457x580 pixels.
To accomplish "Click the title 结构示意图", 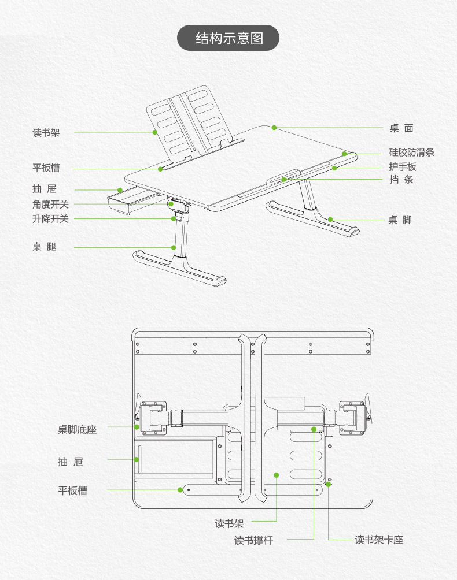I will (x=228, y=39).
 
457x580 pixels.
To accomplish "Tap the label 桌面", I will (x=401, y=128).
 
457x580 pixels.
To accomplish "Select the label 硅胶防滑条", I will (x=411, y=153).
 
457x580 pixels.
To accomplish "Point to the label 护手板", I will (x=403, y=167).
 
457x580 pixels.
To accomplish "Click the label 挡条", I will (x=401, y=180).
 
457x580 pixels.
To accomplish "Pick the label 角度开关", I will (x=50, y=204).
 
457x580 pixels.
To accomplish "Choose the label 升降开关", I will (x=50, y=219).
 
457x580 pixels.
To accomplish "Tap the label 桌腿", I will (x=45, y=247).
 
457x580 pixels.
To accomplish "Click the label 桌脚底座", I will (x=77, y=430).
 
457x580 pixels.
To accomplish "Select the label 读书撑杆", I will (x=253, y=540).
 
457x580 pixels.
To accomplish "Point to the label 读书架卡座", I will (x=379, y=540).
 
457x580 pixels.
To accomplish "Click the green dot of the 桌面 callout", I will (x=274, y=127).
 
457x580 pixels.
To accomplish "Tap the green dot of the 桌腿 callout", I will (x=174, y=247).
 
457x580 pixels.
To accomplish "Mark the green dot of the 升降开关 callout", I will (x=174, y=218).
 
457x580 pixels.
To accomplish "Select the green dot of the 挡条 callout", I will (x=284, y=180).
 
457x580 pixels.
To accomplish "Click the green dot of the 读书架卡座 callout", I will (x=328, y=484).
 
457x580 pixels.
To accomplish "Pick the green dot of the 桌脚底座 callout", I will (x=137, y=427).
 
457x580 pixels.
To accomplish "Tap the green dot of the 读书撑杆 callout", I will (x=314, y=429).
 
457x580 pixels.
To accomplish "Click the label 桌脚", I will (x=400, y=220).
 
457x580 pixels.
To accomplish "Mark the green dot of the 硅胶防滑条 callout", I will (x=344, y=154).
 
